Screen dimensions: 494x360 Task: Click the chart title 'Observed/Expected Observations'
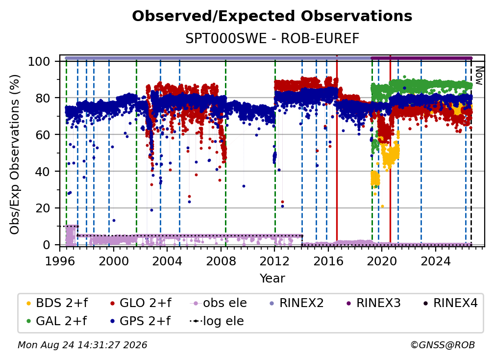coord(272,16)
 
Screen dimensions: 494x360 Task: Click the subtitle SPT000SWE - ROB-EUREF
coord(272,38)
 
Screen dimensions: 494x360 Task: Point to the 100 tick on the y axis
coord(39,61)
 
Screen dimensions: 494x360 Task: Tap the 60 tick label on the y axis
coord(43,135)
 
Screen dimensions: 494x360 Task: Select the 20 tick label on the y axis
coord(43,208)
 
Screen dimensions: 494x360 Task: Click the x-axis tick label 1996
coord(60,261)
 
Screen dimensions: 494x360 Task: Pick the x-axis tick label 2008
coord(221,261)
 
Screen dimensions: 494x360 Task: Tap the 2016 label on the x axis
coord(328,261)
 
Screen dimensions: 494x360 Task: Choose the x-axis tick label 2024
coord(436,261)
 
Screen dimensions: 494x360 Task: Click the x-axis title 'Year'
coord(272,279)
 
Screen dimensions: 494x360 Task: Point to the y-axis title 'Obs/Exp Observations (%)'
coord(15,154)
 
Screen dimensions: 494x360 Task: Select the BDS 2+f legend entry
coord(57,303)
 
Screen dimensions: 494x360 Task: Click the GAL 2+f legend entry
coord(56,321)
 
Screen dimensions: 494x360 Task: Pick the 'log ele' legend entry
coord(217,321)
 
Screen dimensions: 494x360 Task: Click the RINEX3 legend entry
coord(373,303)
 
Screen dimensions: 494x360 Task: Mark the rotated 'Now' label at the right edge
coord(479,76)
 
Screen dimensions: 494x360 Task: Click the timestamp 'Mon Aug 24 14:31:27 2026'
coord(82,345)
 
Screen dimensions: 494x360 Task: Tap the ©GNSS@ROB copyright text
coord(443,345)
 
